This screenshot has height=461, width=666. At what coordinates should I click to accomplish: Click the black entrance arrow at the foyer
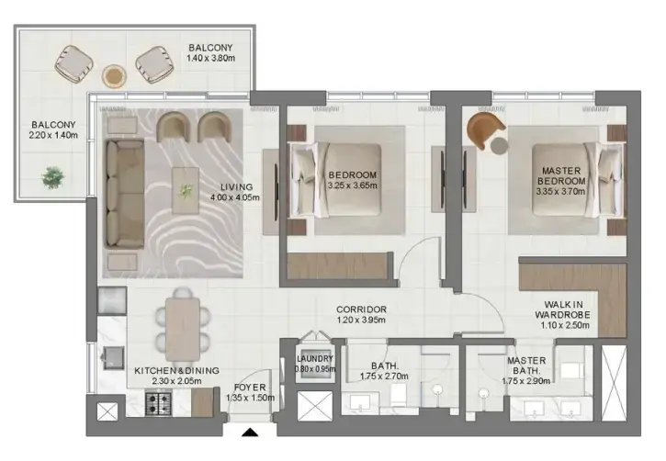click(250, 433)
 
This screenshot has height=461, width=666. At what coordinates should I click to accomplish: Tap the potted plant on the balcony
click(53, 177)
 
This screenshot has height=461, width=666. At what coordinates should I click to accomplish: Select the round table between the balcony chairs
click(114, 76)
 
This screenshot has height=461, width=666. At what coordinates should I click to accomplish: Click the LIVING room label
click(236, 186)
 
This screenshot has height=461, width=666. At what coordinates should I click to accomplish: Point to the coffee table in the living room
click(186, 190)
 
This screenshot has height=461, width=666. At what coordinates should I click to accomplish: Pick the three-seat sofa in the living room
click(124, 193)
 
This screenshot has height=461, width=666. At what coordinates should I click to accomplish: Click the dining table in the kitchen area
click(183, 329)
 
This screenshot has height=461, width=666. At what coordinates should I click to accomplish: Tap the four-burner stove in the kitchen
click(158, 404)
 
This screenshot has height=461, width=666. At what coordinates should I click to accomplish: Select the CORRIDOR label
click(361, 309)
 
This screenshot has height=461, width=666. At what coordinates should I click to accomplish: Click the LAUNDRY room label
click(315, 359)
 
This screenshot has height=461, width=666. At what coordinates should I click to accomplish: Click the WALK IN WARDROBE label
click(562, 309)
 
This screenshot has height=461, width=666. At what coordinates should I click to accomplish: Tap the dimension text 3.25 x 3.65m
click(352, 186)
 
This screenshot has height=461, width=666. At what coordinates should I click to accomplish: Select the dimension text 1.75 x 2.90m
click(525, 381)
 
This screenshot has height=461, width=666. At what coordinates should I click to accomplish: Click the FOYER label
click(250, 388)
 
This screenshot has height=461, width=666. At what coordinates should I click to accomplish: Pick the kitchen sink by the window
click(113, 358)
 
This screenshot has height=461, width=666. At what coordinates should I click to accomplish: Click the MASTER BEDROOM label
click(561, 175)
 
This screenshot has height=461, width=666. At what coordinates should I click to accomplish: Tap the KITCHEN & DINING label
click(176, 371)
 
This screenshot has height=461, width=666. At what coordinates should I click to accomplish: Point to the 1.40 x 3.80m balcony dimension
click(210, 58)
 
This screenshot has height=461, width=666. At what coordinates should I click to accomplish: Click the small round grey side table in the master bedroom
click(500, 146)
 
